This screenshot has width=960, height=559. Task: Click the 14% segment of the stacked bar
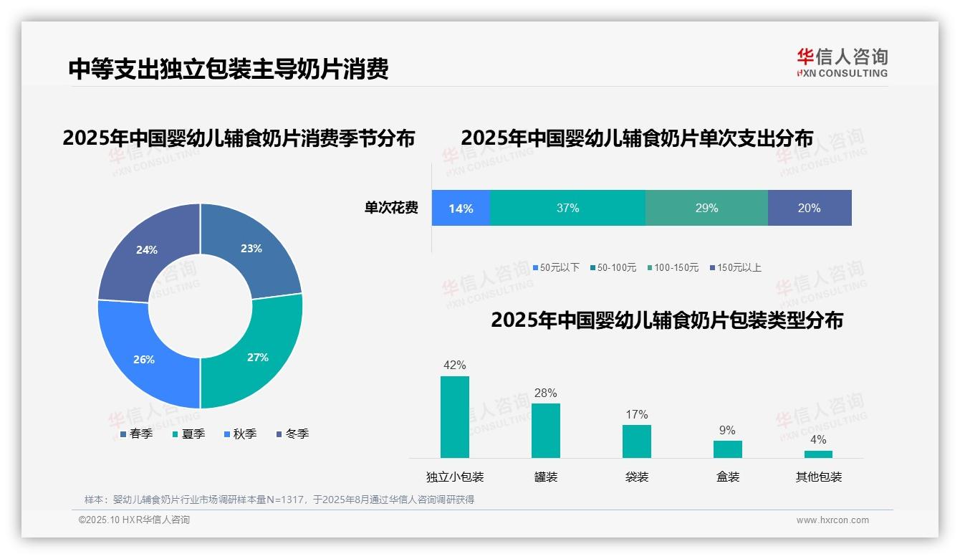(461, 208)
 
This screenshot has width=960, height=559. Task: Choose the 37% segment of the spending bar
(567, 208)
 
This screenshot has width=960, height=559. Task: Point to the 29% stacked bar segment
(706, 208)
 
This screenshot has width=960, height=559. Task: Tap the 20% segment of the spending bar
(810, 208)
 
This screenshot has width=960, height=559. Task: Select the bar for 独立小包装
(455, 417)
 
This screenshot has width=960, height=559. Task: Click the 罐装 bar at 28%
(546, 430)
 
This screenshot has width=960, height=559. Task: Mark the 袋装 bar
(636, 441)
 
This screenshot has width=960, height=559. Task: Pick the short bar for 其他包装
(818, 454)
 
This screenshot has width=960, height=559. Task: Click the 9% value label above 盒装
(727, 430)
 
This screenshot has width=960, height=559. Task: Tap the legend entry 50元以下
(556, 267)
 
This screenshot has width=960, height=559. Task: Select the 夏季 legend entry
(189, 434)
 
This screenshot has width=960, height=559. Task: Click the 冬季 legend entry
(292, 434)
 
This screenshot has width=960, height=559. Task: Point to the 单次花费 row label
(391, 208)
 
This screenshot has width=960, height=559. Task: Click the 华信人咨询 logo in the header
(842, 62)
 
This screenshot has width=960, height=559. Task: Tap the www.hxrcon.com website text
(832, 520)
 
